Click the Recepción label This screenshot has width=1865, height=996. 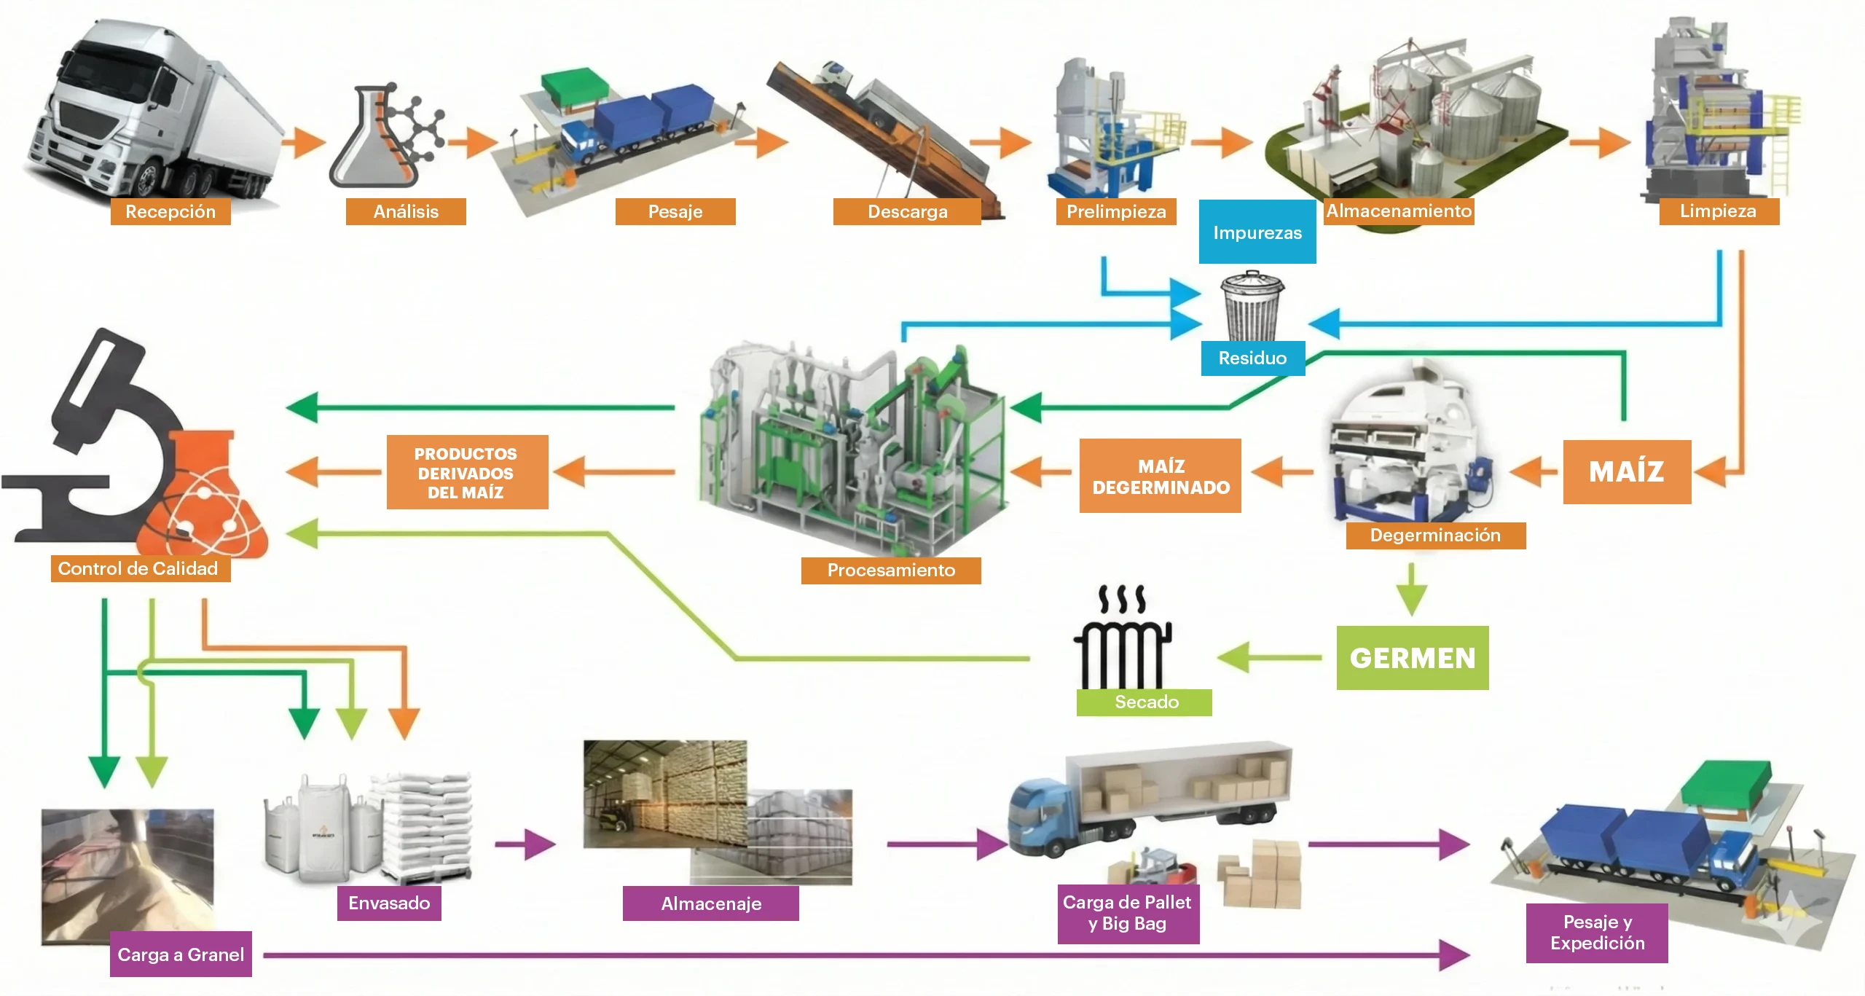(x=170, y=211)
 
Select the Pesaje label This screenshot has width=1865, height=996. (x=675, y=211)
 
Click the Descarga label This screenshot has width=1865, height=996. (x=907, y=211)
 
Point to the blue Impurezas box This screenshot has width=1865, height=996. (x=1257, y=232)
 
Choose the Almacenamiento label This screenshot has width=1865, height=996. (x=1399, y=211)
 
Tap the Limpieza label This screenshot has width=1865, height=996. (x=1719, y=211)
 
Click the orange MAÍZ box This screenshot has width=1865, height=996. (x=1627, y=471)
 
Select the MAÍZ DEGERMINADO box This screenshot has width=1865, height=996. (x=1161, y=476)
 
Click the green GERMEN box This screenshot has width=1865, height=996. (x=1413, y=657)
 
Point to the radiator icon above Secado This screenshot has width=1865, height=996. (x=1122, y=641)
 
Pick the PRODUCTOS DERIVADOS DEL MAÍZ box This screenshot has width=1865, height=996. (x=467, y=472)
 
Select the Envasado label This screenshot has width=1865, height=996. (x=389, y=903)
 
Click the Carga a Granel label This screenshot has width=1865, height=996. (x=181, y=954)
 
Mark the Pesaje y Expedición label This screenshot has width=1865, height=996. (x=1597, y=933)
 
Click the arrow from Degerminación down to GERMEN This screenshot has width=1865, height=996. (x=1412, y=589)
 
